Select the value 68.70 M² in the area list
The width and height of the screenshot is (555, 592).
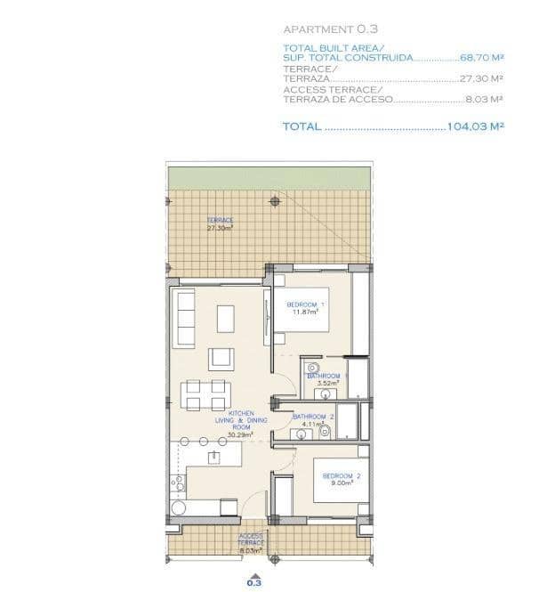(x=482, y=57)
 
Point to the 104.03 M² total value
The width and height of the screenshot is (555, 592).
(x=476, y=126)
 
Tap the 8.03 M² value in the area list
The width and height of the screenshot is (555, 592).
(x=485, y=100)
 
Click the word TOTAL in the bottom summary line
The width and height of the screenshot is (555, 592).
(x=302, y=126)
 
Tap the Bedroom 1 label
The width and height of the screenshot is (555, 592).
(x=305, y=308)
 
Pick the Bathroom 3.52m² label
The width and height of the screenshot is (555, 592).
(x=324, y=380)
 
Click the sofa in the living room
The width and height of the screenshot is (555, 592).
(x=186, y=318)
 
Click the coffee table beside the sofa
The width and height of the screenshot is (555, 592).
(x=226, y=318)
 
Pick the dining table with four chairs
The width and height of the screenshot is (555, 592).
(x=205, y=393)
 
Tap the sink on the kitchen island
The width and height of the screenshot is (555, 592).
(x=213, y=457)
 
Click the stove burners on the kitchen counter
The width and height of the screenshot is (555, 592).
(x=178, y=485)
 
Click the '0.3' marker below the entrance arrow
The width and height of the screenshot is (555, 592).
(x=254, y=583)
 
